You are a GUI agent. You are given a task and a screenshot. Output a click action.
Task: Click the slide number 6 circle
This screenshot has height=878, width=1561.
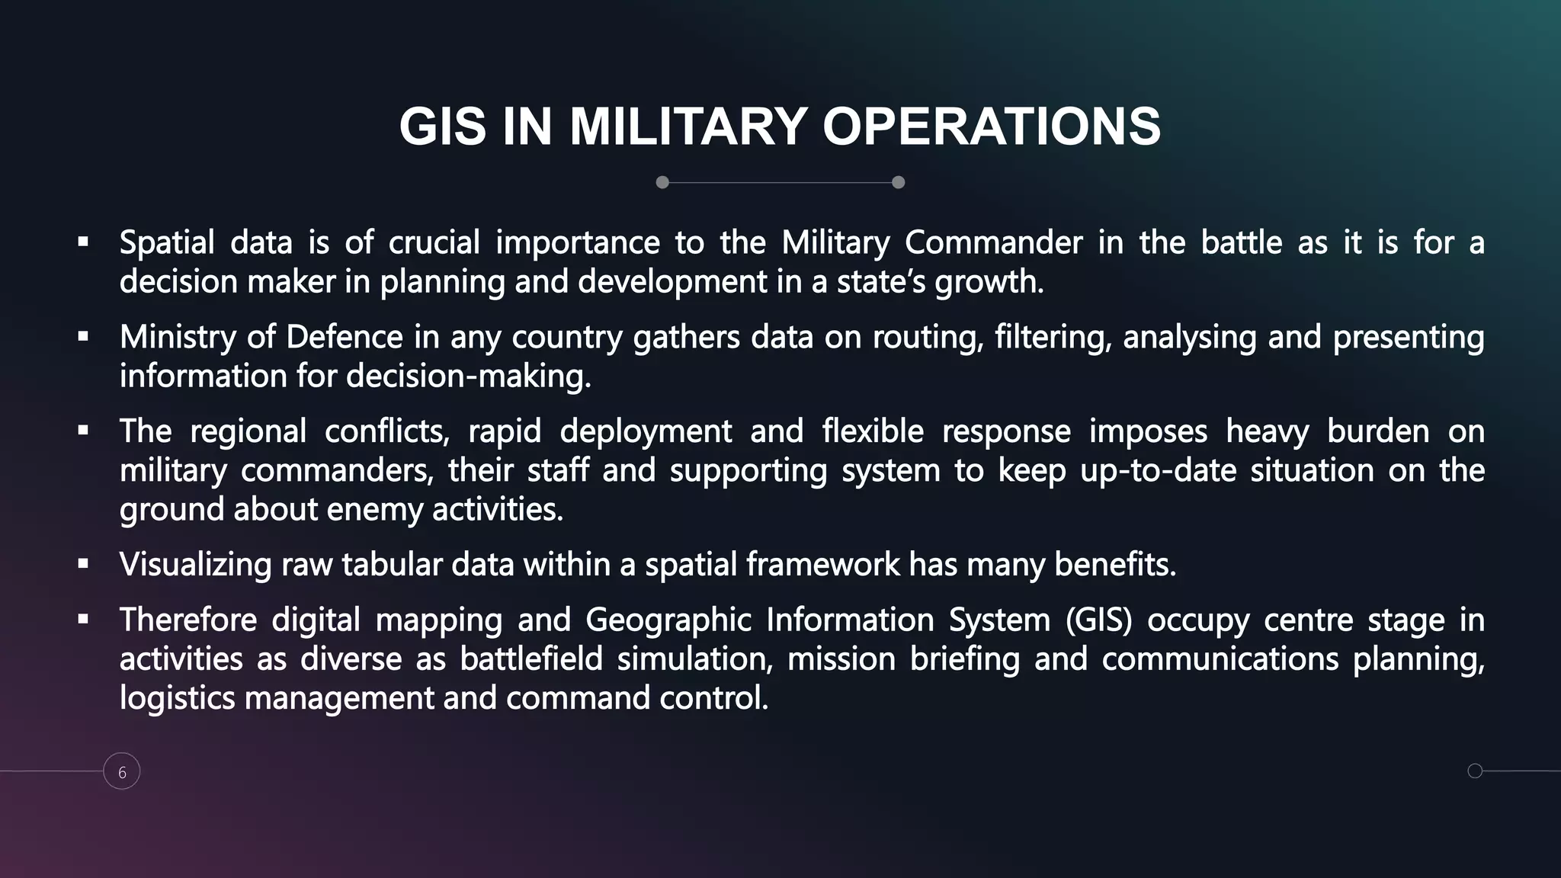(122, 771)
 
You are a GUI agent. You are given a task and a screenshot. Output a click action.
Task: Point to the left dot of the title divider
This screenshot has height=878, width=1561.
(662, 182)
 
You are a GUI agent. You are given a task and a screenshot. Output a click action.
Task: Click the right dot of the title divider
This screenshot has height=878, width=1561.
(898, 182)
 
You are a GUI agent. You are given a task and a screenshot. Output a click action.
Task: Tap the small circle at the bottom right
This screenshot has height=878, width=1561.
(1475, 771)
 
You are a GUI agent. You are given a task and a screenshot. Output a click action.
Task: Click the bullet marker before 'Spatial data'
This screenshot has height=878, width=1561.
(83, 243)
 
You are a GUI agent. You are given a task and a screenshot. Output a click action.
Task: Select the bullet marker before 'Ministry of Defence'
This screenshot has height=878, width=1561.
(83, 337)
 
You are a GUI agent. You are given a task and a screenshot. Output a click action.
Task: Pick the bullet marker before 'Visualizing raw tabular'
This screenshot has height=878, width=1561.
(83, 565)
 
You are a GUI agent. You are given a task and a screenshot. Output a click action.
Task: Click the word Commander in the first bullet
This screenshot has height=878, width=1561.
(993, 243)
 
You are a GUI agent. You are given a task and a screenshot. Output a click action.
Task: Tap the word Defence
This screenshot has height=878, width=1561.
(345, 337)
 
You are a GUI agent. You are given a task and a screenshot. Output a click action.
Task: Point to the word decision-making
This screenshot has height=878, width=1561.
(468, 376)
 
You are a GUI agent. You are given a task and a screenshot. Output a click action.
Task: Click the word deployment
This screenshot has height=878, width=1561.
(646, 431)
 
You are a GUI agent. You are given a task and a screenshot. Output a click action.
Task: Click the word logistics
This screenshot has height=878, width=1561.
(177, 698)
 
